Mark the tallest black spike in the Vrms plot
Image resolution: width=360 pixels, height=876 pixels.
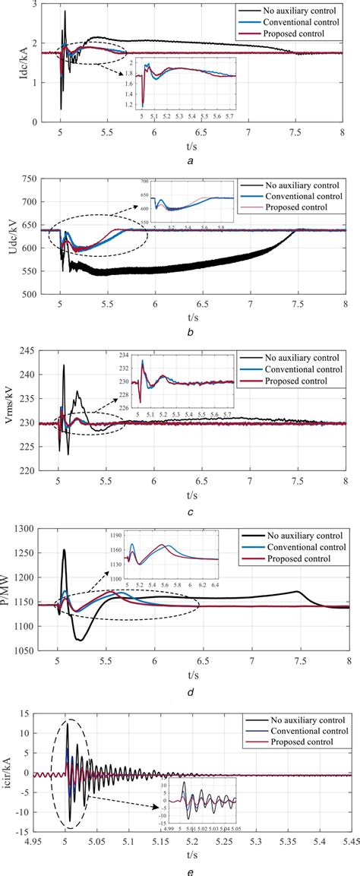click(x=64, y=365)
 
